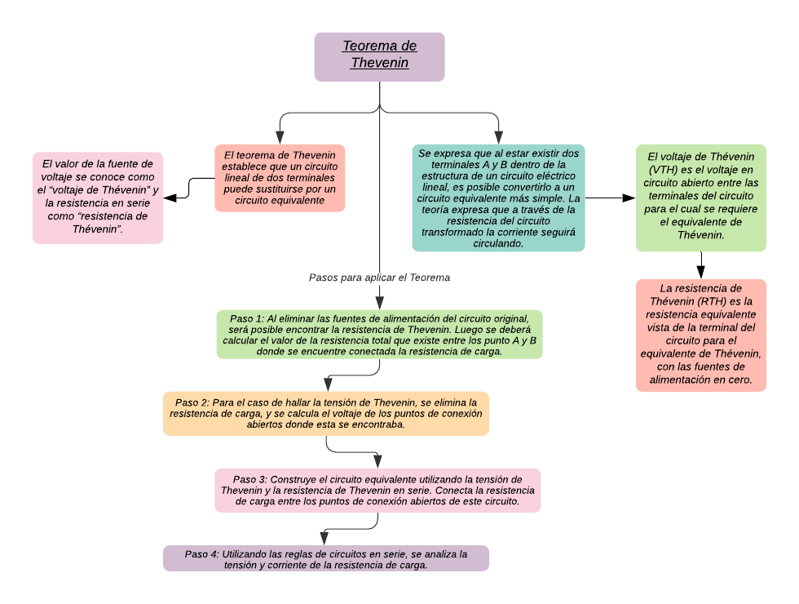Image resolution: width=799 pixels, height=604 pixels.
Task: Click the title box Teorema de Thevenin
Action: [x=379, y=56]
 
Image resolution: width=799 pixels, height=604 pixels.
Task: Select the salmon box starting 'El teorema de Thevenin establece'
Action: [x=280, y=178]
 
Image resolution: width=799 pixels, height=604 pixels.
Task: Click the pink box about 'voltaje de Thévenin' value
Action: [x=98, y=198]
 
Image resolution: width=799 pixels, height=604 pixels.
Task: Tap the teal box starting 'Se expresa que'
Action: [x=498, y=198]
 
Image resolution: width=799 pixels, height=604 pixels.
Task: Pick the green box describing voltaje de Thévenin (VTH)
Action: [x=700, y=198]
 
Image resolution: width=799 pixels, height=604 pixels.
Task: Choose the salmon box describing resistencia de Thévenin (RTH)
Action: [x=700, y=335]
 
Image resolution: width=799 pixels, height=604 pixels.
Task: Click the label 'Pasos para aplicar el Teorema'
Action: [x=379, y=278]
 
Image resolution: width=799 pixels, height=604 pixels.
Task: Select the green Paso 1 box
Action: [x=379, y=335]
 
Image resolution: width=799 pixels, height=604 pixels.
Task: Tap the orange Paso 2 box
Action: [x=326, y=414]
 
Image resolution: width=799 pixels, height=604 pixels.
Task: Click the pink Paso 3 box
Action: [x=377, y=491]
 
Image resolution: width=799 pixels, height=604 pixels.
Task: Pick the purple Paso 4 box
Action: [x=326, y=559]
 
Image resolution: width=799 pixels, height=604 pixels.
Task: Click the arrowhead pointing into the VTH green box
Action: [x=629, y=198]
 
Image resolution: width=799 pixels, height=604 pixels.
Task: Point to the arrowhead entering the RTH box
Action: [x=700, y=273]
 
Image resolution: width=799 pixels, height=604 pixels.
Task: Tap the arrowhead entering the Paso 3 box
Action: [x=377, y=462]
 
